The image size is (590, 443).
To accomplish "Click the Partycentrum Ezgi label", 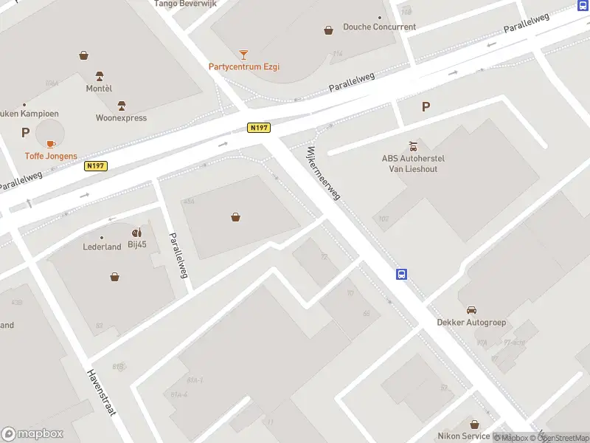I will (243, 66).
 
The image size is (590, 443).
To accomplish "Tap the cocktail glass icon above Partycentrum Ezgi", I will (244, 54).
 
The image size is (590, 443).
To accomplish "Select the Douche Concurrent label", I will (379, 27).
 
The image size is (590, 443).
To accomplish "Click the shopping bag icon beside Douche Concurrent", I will (328, 30).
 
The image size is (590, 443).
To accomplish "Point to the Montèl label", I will (99, 88).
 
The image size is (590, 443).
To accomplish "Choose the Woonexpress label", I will (121, 117).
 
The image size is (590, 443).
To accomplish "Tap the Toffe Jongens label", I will (51, 156).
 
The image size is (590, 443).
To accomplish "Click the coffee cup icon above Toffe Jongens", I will (51, 143).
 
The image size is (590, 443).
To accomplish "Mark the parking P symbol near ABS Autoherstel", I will (426, 106).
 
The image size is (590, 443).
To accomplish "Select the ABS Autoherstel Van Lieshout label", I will (413, 162).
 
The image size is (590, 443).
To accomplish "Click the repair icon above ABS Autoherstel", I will (413, 145).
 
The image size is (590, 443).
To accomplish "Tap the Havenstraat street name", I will (102, 392).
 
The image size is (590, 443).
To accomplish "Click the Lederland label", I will (102, 247).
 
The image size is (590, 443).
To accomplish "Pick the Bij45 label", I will (138, 244).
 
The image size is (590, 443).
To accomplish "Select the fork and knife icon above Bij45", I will (137, 233).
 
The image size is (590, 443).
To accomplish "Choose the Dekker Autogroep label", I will (471, 322).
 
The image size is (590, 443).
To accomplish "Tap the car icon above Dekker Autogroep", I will (471, 309).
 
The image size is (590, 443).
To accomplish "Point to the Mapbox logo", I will (32, 434).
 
